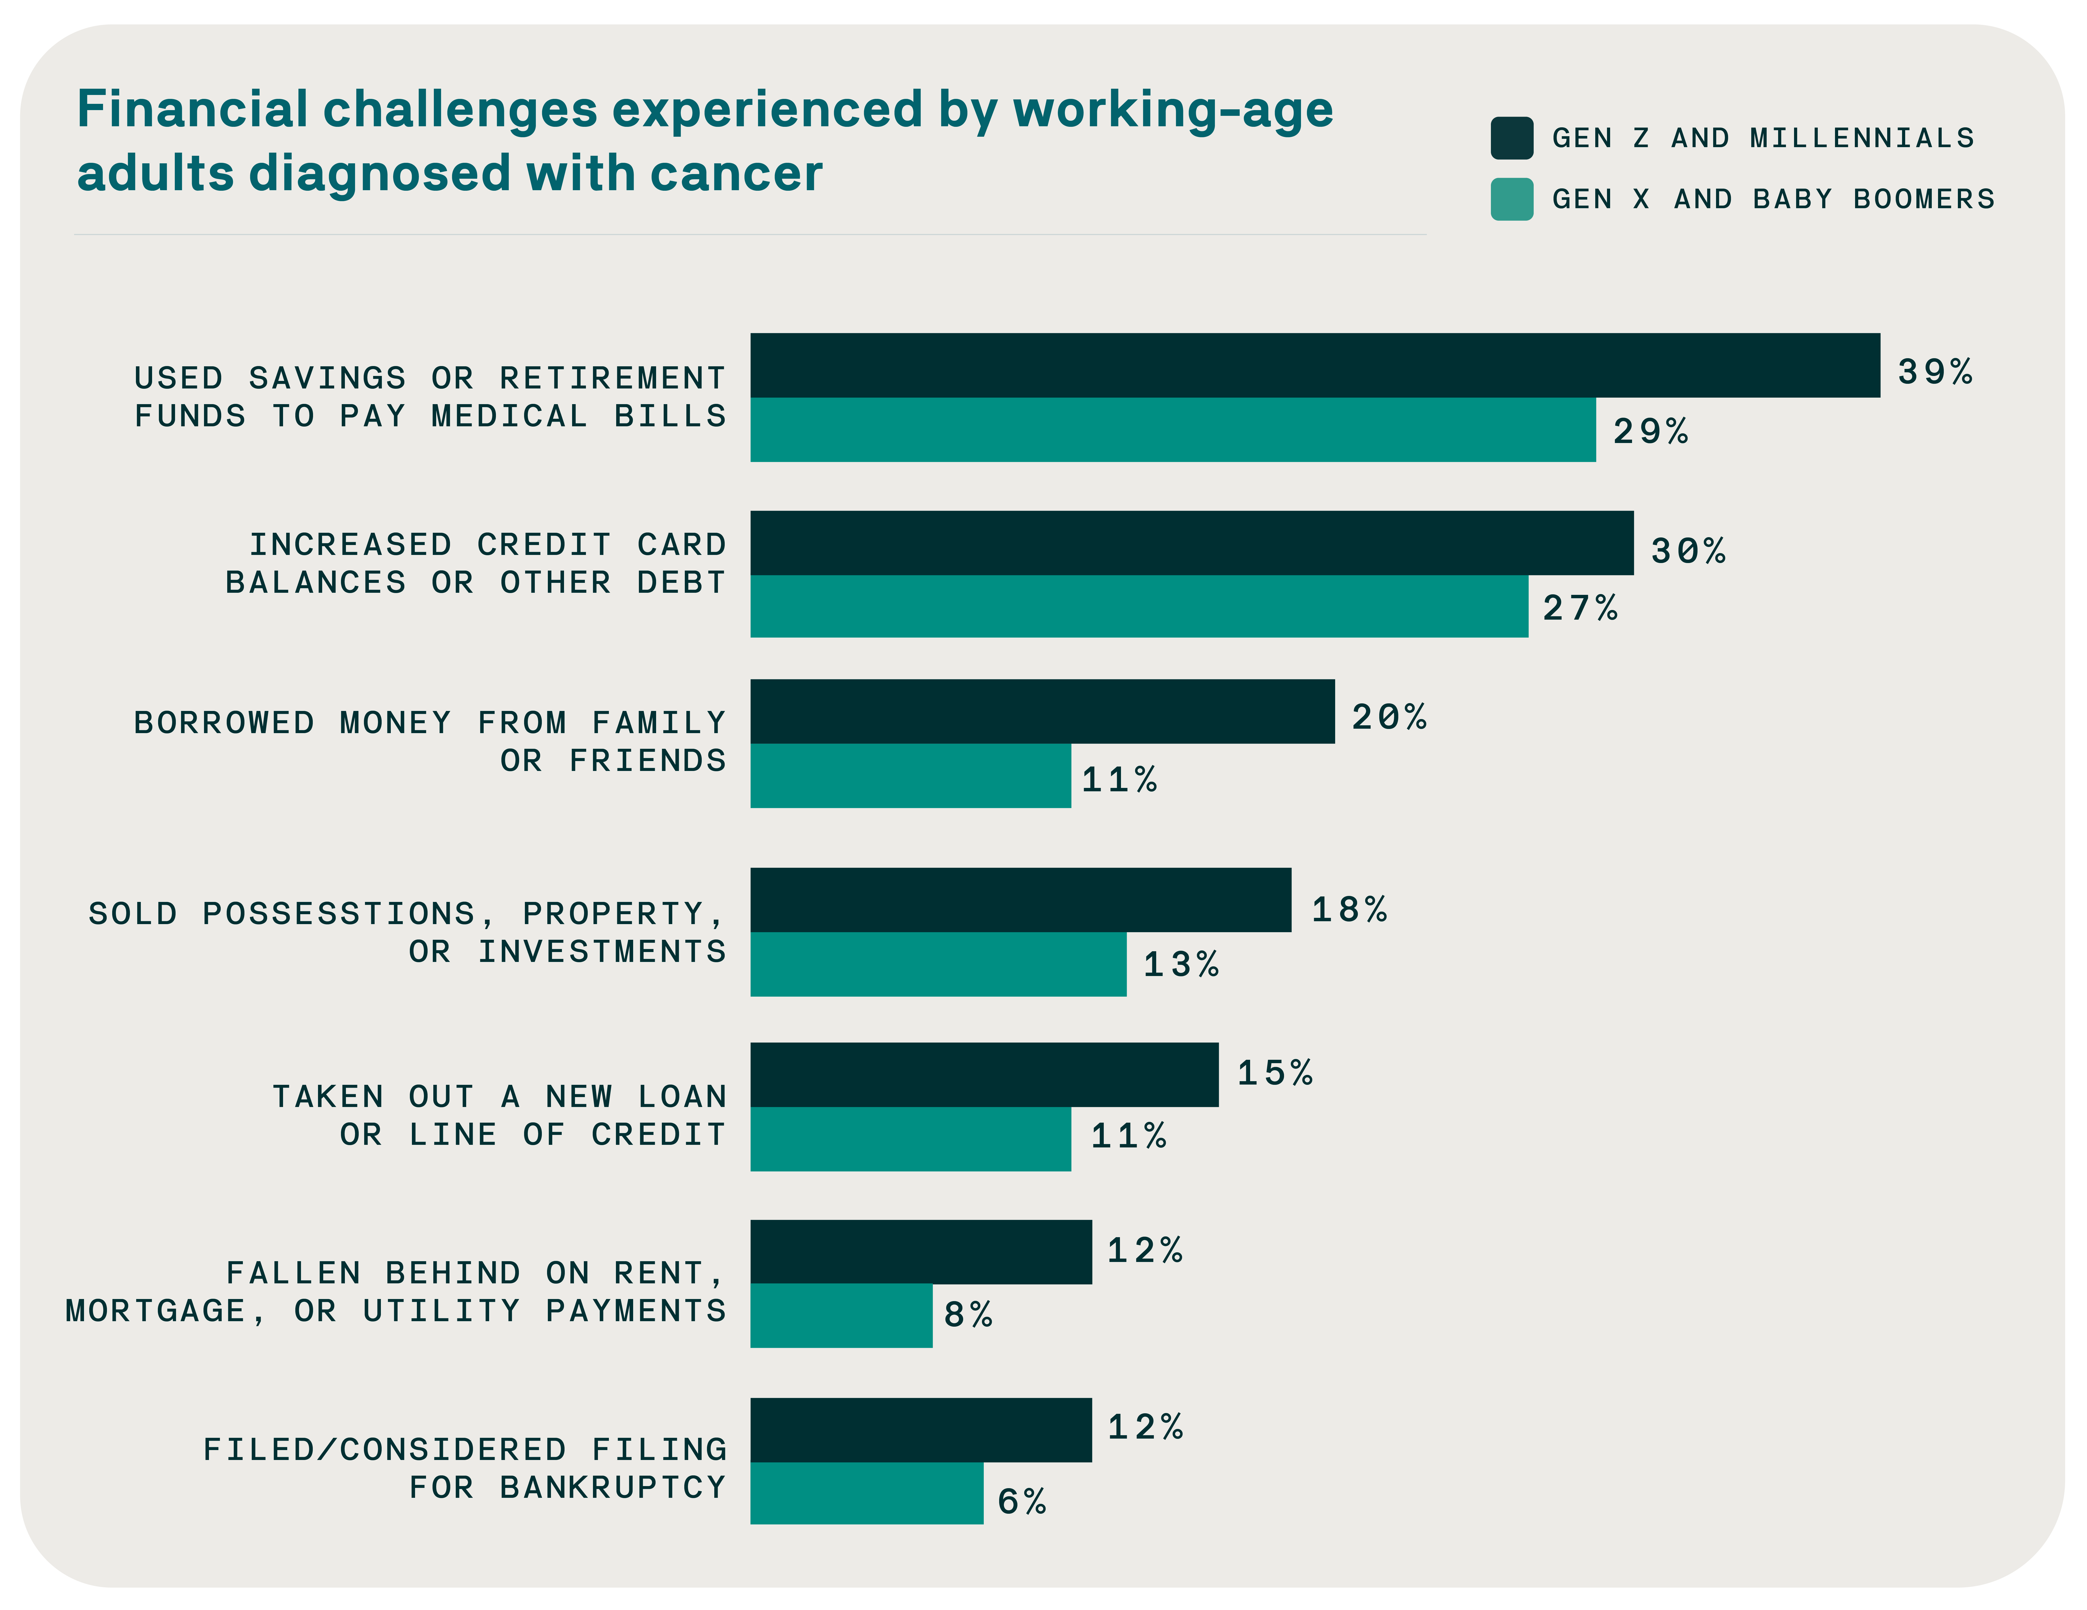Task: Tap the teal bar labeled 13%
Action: pyautogui.click(x=937, y=964)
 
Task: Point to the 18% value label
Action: pyautogui.click(x=1348, y=910)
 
